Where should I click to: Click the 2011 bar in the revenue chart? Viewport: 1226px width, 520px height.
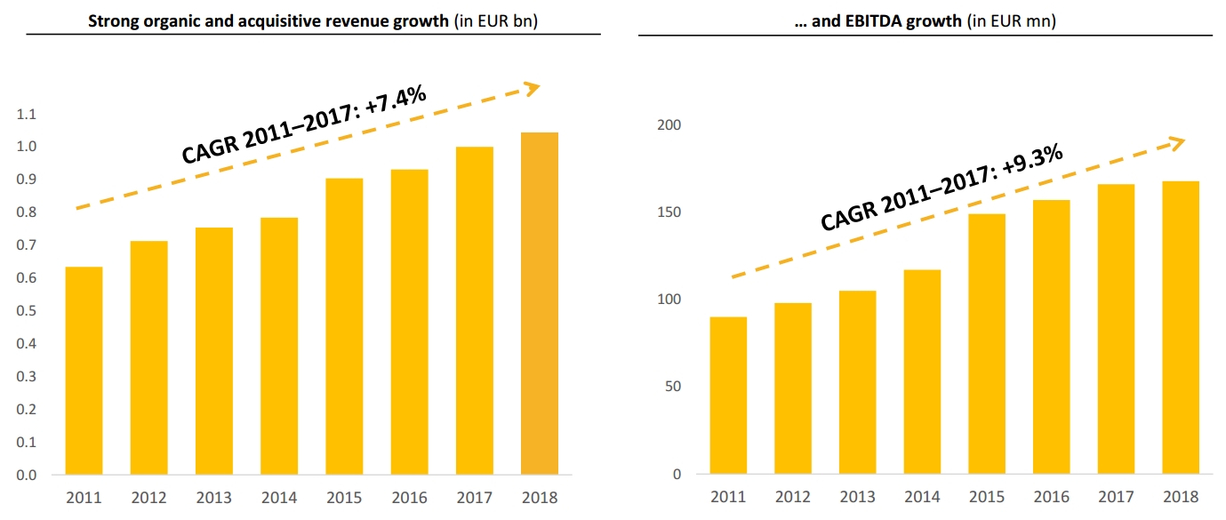point(84,371)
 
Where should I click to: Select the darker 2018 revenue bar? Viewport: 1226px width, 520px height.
point(540,303)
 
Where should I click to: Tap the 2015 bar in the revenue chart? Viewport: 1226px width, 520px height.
point(344,326)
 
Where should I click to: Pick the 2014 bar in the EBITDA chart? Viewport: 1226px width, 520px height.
point(922,372)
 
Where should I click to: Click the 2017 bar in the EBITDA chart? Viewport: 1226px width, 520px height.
point(1116,329)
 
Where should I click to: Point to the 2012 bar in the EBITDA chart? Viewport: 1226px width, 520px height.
point(792,388)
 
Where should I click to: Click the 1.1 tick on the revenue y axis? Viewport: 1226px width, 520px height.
point(27,115)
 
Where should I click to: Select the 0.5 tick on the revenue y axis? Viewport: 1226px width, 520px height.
point(27,311)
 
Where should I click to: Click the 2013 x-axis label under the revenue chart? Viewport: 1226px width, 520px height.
point(213,498)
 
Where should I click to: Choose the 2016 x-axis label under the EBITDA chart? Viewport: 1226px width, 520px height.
point(1051,497)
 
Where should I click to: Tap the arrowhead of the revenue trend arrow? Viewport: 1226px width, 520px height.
point(531,87)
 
